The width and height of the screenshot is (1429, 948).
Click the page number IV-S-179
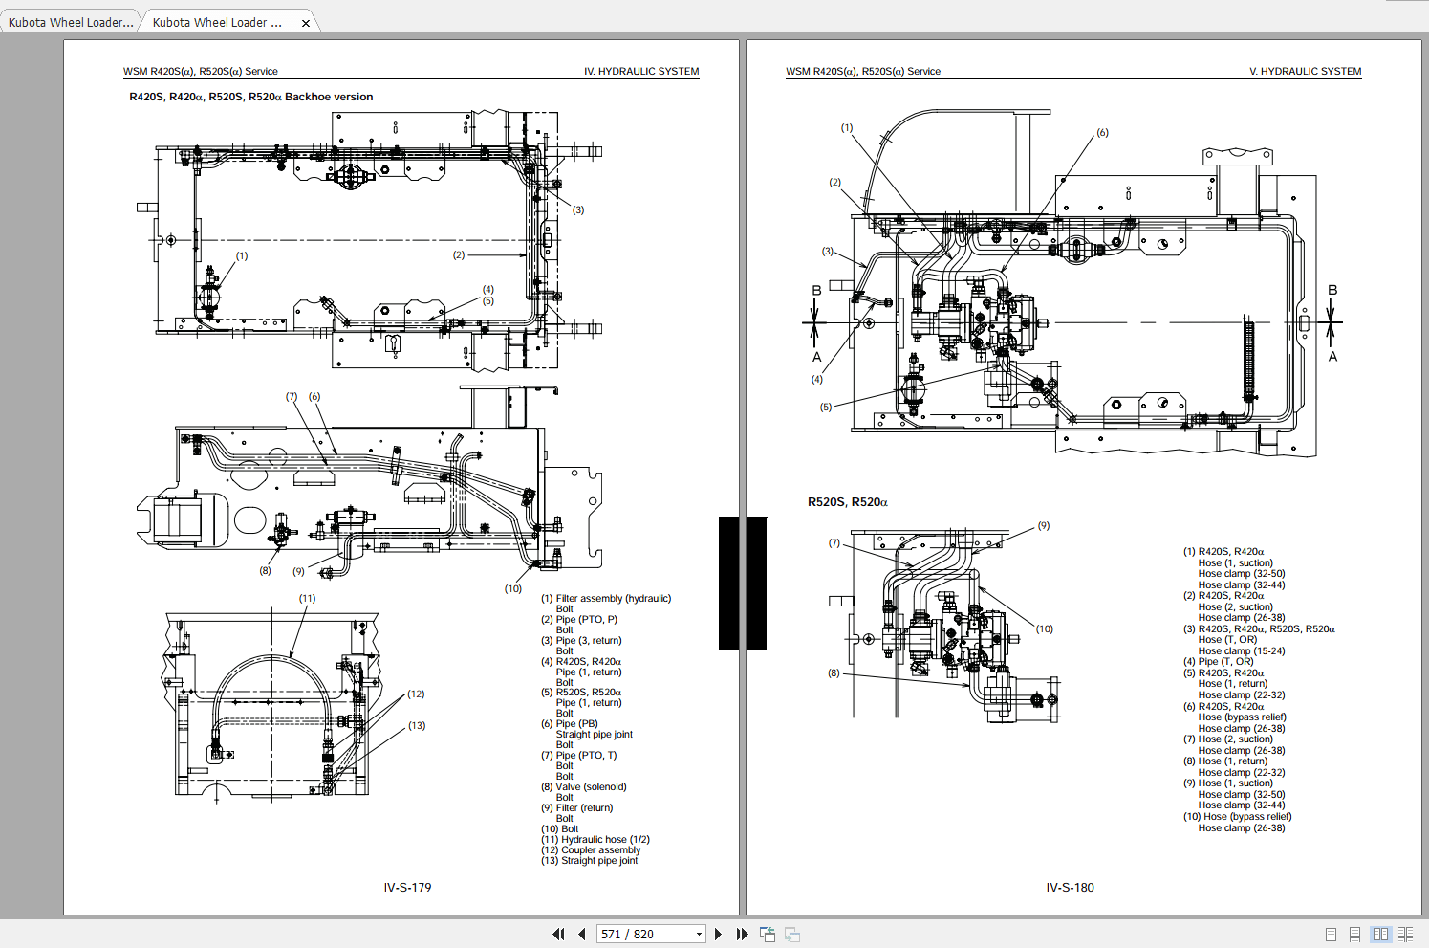pyautogui.click(x=407, y=888)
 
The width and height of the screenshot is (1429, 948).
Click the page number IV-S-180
pyautogui.click(x=1070, y=888)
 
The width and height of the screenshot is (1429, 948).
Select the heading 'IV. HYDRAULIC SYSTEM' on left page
pyautogui.click(x=641, y=72)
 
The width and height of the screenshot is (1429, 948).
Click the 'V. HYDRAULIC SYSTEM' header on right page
pyautogui.click(x=1305, y=72)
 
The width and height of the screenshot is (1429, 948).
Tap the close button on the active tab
pyautogui.click(x=306, y=23)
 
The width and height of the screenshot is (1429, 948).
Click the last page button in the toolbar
pyautogui.click(x=742, y=934)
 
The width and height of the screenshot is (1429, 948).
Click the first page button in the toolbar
pyautogui.click(x=558, y=934)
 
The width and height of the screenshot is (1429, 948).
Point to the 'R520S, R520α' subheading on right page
pyautogui.click(x=847, y=502)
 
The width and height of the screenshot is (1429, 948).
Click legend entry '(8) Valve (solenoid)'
pyautogui.click(x=584, y=787)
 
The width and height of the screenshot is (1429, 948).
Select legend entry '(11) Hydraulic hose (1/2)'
pyautogui.click(x=595, y=840)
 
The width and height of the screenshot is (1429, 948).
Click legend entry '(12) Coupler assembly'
pyautogui.click(x=591, y=850)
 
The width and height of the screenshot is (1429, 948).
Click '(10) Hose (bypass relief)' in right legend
pyautogui.click(x=1237, y=817)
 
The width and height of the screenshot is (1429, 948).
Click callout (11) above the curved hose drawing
pyautogui.click(x=307, y=599)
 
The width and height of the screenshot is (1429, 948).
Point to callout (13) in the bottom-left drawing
pyautogui.click(x=417, y=726)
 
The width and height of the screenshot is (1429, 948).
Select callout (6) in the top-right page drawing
pyautogui.click(x=1102, y=133)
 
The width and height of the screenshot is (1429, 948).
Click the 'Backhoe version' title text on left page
pyautogui.click(x=329, y=97)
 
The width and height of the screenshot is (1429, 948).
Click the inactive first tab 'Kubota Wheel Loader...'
pyautogui.click(x=71, y=23)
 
